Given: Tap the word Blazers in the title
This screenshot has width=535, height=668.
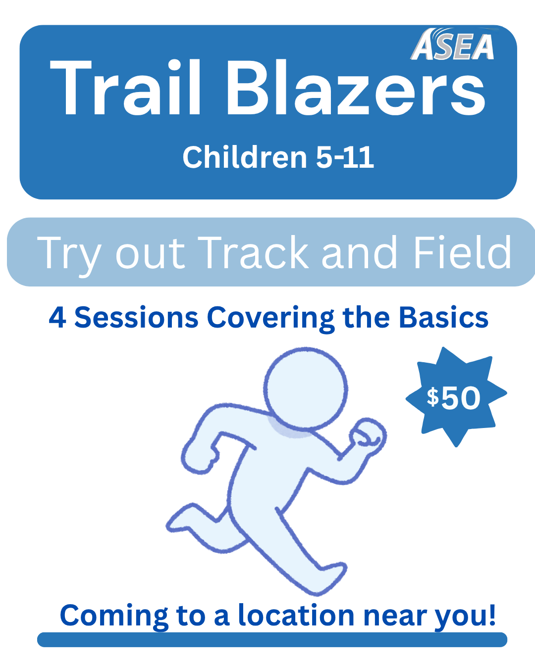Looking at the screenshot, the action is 356,87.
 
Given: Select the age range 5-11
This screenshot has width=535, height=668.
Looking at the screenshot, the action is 345,157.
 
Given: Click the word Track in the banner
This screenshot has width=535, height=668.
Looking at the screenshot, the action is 253,252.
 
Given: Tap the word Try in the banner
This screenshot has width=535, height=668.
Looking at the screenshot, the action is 69,256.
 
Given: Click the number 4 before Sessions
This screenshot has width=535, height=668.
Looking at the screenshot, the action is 57,318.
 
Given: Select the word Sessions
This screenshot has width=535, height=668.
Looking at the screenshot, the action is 136,317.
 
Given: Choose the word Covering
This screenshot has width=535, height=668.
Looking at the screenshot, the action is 270,320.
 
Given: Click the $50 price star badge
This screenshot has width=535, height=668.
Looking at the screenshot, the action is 456,398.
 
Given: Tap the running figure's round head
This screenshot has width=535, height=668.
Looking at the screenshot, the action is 306,389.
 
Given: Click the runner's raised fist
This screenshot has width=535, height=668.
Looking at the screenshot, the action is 368,435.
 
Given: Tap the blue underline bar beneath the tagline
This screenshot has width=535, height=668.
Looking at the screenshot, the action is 272,640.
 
